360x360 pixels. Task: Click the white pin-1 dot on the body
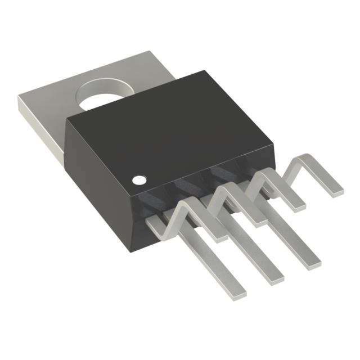(x=139, y=180)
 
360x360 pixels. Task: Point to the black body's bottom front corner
(x=133, y=247)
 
